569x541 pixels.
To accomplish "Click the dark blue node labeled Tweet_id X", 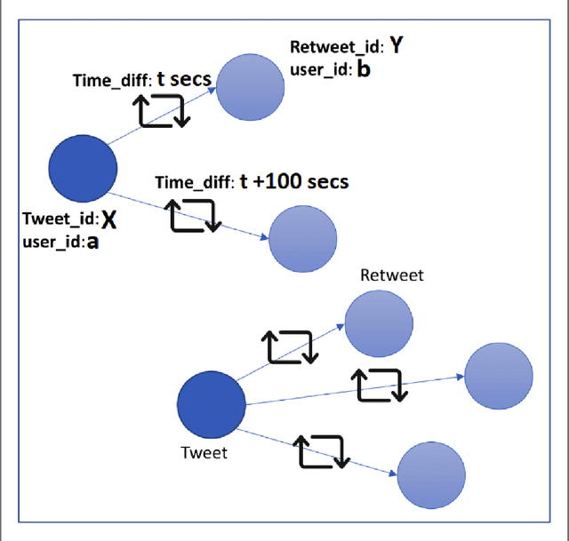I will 82,168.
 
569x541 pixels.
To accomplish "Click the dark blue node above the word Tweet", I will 212,405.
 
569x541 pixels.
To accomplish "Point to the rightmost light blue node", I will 498,376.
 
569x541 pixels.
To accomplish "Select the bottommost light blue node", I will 430,475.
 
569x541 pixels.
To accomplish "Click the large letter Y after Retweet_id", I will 396,47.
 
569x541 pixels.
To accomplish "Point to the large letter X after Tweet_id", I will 108,219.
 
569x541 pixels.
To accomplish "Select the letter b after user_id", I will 363,69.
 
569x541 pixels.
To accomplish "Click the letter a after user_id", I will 91,242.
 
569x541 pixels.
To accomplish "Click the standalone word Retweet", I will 391,275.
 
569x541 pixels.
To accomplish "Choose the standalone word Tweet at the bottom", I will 204,453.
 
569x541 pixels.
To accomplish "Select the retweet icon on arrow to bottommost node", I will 322,451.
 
